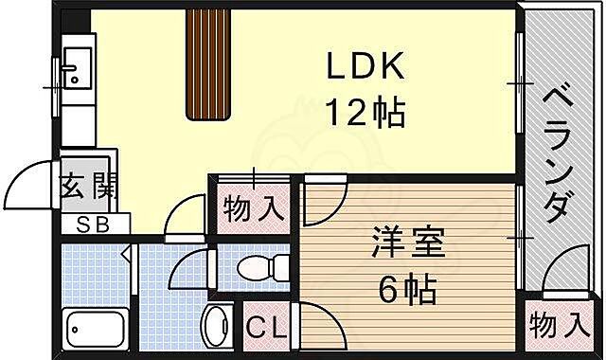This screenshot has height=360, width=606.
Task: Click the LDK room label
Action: [367, 68]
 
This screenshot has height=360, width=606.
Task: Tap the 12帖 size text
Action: [367, 114]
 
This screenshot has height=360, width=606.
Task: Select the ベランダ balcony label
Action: [560, 152]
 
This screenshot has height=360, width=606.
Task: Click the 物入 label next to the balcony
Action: [556, 328]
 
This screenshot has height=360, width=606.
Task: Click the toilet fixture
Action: [260, 269]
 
